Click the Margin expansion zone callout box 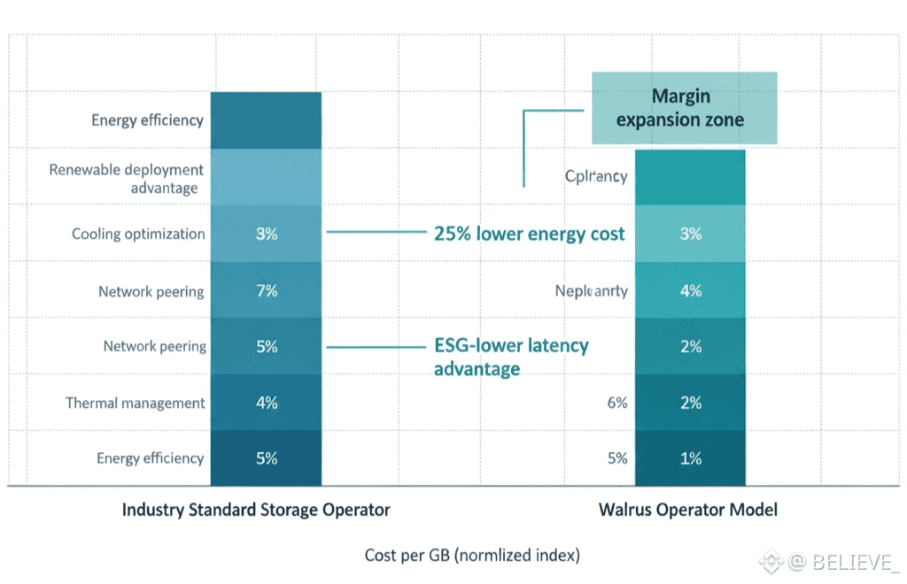[x=684, y=108]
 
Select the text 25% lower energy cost [x=529, y=234]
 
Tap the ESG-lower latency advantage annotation [x=511, y=357]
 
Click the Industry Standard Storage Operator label [x=255, y=510]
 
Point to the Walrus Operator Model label [x=687, y=510]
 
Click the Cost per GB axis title [x=472, y=556]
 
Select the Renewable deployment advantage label [x=127, y=178]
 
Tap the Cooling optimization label [x=138, y=234]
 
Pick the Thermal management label [x=136, y=403]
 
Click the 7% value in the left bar [x=267, y=291]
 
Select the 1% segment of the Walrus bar [x=691, y=458]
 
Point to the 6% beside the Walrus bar [x=617, y=403]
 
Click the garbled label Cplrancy [x=596, y=176]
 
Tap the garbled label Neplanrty [x=591, y=291]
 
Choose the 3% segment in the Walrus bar [x=691, y=234]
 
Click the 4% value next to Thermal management [x=267, y=403]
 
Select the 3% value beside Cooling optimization [x=267, y=234]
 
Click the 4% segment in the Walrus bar [x=691, y=291]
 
